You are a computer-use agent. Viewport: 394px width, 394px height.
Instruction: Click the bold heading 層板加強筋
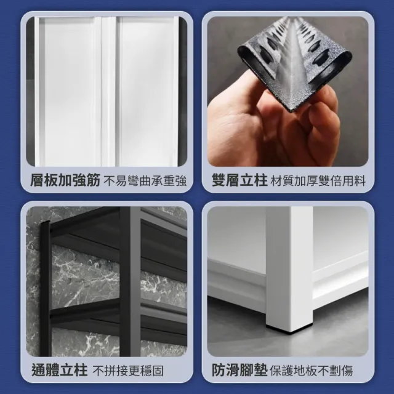65,180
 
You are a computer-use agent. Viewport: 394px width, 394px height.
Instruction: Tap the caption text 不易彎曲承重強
145,181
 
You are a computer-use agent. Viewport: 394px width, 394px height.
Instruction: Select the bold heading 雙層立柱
239,180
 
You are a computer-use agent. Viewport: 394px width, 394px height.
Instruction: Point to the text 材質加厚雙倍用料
318,181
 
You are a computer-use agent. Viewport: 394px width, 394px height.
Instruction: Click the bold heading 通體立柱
60,369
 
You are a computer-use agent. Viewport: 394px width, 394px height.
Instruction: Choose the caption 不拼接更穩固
128,371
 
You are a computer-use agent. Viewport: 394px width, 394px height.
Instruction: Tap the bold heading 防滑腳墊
239,369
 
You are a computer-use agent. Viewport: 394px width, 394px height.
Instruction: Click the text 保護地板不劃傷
312,371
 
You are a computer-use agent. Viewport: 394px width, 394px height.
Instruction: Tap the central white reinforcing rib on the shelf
109,92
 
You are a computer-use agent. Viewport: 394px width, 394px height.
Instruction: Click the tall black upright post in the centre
130,281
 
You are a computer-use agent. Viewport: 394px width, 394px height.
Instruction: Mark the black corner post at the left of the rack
46,289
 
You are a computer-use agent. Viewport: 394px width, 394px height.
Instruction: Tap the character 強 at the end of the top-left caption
181,181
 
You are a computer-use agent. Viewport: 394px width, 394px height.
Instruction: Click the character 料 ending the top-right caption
360,181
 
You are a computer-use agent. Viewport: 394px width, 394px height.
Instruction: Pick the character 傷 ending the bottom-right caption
347,371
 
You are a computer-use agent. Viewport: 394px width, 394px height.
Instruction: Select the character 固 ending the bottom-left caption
158,371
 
